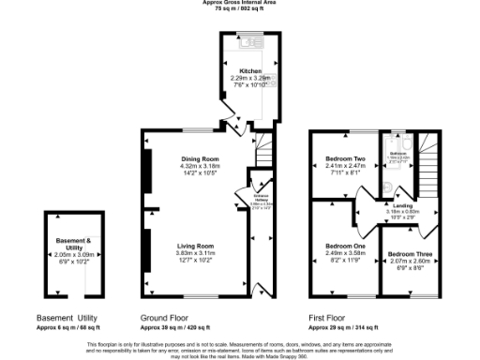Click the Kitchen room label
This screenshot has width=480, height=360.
249,70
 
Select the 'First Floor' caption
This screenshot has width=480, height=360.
327,317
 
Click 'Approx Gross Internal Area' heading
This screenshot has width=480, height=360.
239,3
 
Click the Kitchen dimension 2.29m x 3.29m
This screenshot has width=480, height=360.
249,78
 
